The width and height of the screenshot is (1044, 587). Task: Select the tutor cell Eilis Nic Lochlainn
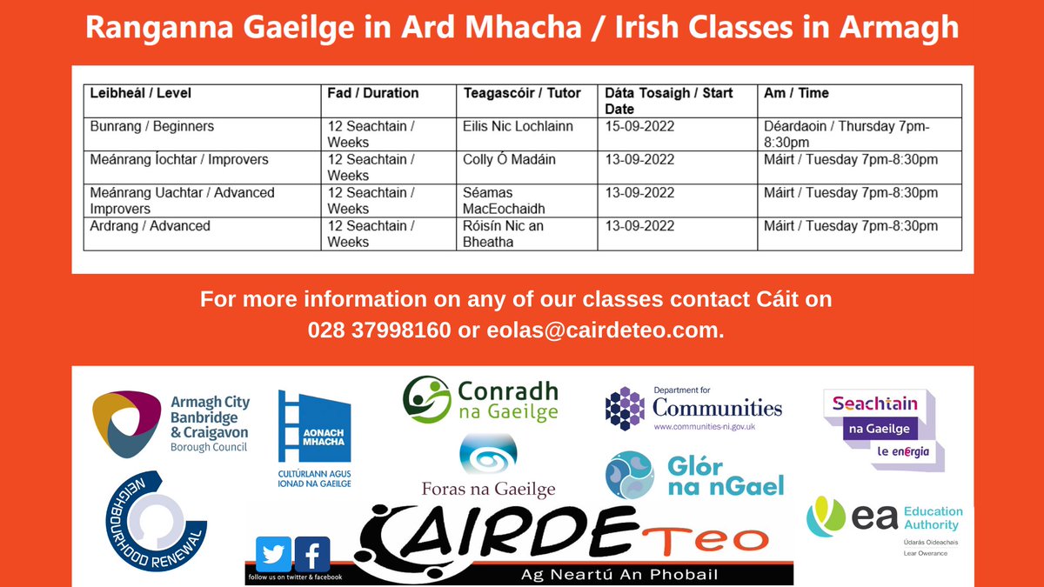518,126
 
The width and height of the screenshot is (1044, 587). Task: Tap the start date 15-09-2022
640,126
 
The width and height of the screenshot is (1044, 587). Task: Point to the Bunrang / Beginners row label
152,126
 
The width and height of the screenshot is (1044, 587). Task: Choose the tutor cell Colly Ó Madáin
509,159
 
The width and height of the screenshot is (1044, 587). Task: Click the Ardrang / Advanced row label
151,226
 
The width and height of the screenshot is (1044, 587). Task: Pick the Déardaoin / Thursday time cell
847,134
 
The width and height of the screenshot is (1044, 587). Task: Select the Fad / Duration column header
373,93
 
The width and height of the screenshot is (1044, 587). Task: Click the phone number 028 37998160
379,331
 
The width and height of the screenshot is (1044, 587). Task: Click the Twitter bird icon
273,554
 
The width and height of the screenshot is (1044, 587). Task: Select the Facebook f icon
312,554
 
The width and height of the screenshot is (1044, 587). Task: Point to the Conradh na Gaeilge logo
480,400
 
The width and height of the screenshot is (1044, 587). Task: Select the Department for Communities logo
693,408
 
